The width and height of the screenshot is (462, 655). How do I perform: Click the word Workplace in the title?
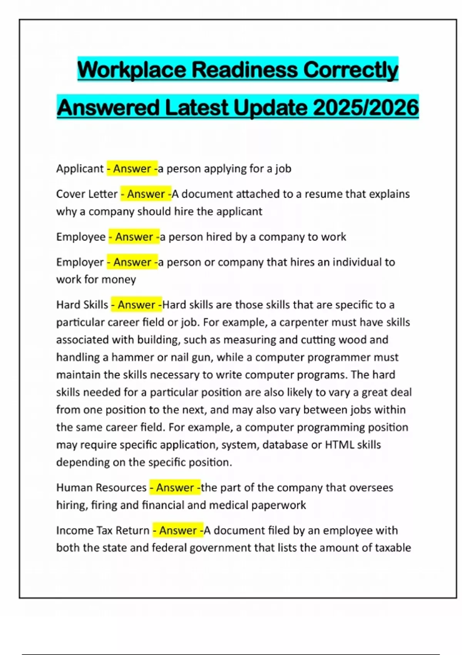(x=131, y=70)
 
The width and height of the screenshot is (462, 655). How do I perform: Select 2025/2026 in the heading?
(x=366, y=107)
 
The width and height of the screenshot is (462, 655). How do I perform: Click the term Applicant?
(x=80, y=169)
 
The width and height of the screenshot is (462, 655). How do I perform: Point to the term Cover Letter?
(x=87, y=194)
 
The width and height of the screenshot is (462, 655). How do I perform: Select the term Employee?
(x=81, y=237)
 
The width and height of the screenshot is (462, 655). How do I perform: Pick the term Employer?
(x=80, y=262)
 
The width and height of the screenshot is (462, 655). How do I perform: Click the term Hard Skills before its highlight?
(x=82, y=305)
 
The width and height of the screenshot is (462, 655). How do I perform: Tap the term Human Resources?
(x=101, y=487)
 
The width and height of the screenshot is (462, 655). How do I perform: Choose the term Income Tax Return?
(x=102, y=530)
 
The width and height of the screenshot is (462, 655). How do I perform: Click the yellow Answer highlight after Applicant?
(x=132, y=169)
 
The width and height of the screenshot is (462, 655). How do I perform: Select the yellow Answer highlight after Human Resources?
(x=175, y=487)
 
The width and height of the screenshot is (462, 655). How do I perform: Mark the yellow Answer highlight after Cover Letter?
(x=146, y=194)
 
